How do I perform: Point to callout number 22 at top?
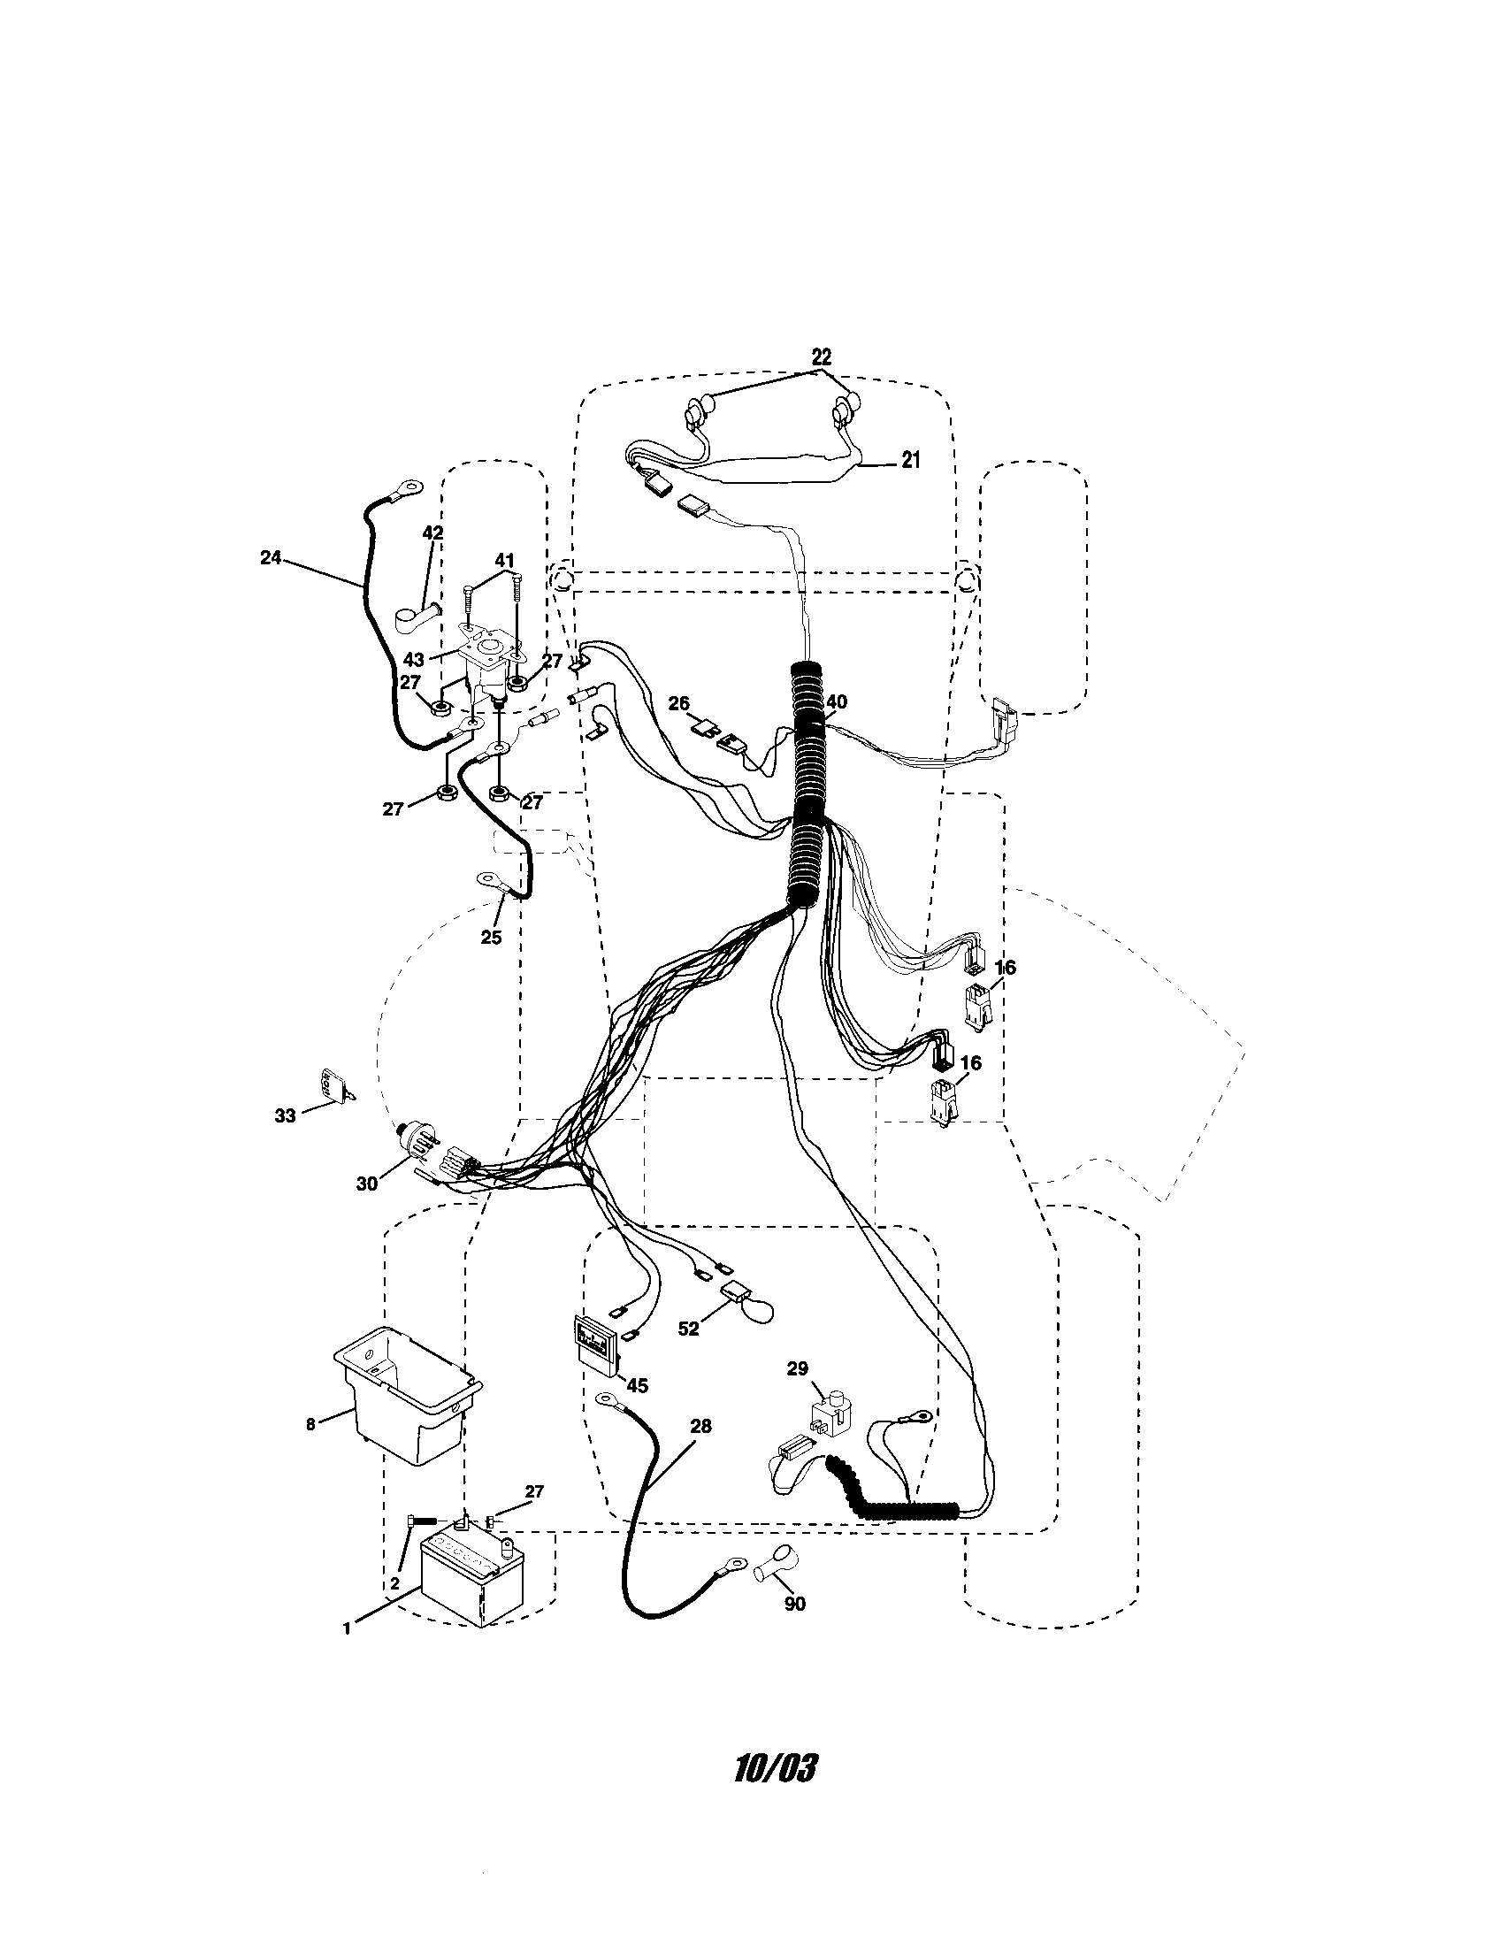pyautogui.click(x=821, y=356)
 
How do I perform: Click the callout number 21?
pyautogui.click(x=909, y=460)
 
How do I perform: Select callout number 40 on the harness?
pyautogui.click(x=836, y=702)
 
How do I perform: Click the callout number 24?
pyautogui.click(x=270, y=558)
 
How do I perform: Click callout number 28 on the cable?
pyautogui.click(x=701, y=1426)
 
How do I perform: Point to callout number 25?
pyautogui.click(x=491, y=937)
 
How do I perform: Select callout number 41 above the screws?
pyautogui.click(x=504, y=561)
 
